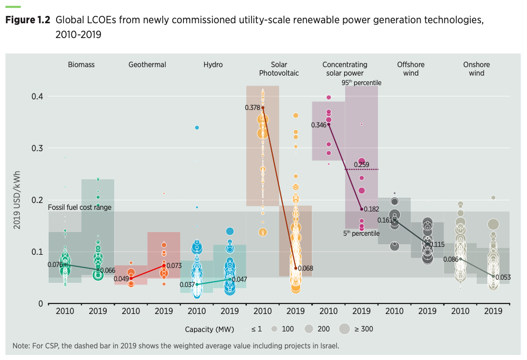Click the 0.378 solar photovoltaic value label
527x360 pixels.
tap(252, 107)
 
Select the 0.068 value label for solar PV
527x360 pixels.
tap(306, 269)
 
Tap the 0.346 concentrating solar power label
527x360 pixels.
tap(319, 125)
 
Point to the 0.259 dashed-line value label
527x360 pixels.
tap(362, 164)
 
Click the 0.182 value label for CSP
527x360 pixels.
tap(372, 209)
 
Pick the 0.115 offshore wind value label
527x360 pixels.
tap(437, 244)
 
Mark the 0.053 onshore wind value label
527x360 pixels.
tap(504, 276)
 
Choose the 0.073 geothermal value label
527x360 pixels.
tap(174, 265)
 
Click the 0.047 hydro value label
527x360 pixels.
tap(239, 279)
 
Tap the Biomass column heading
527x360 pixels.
tap(81, 64)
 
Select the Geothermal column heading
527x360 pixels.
tap(147, 64)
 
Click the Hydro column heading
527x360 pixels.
tap(213, 64)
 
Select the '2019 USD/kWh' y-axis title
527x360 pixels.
tap(17, 200)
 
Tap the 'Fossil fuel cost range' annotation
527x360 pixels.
tap(80, 207)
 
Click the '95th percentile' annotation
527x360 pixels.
tap(362, 82)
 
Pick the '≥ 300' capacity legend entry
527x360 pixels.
tap(364, 329)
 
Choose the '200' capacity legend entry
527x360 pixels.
tap(323, 329)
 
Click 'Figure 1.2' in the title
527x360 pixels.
tap(27, 21)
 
